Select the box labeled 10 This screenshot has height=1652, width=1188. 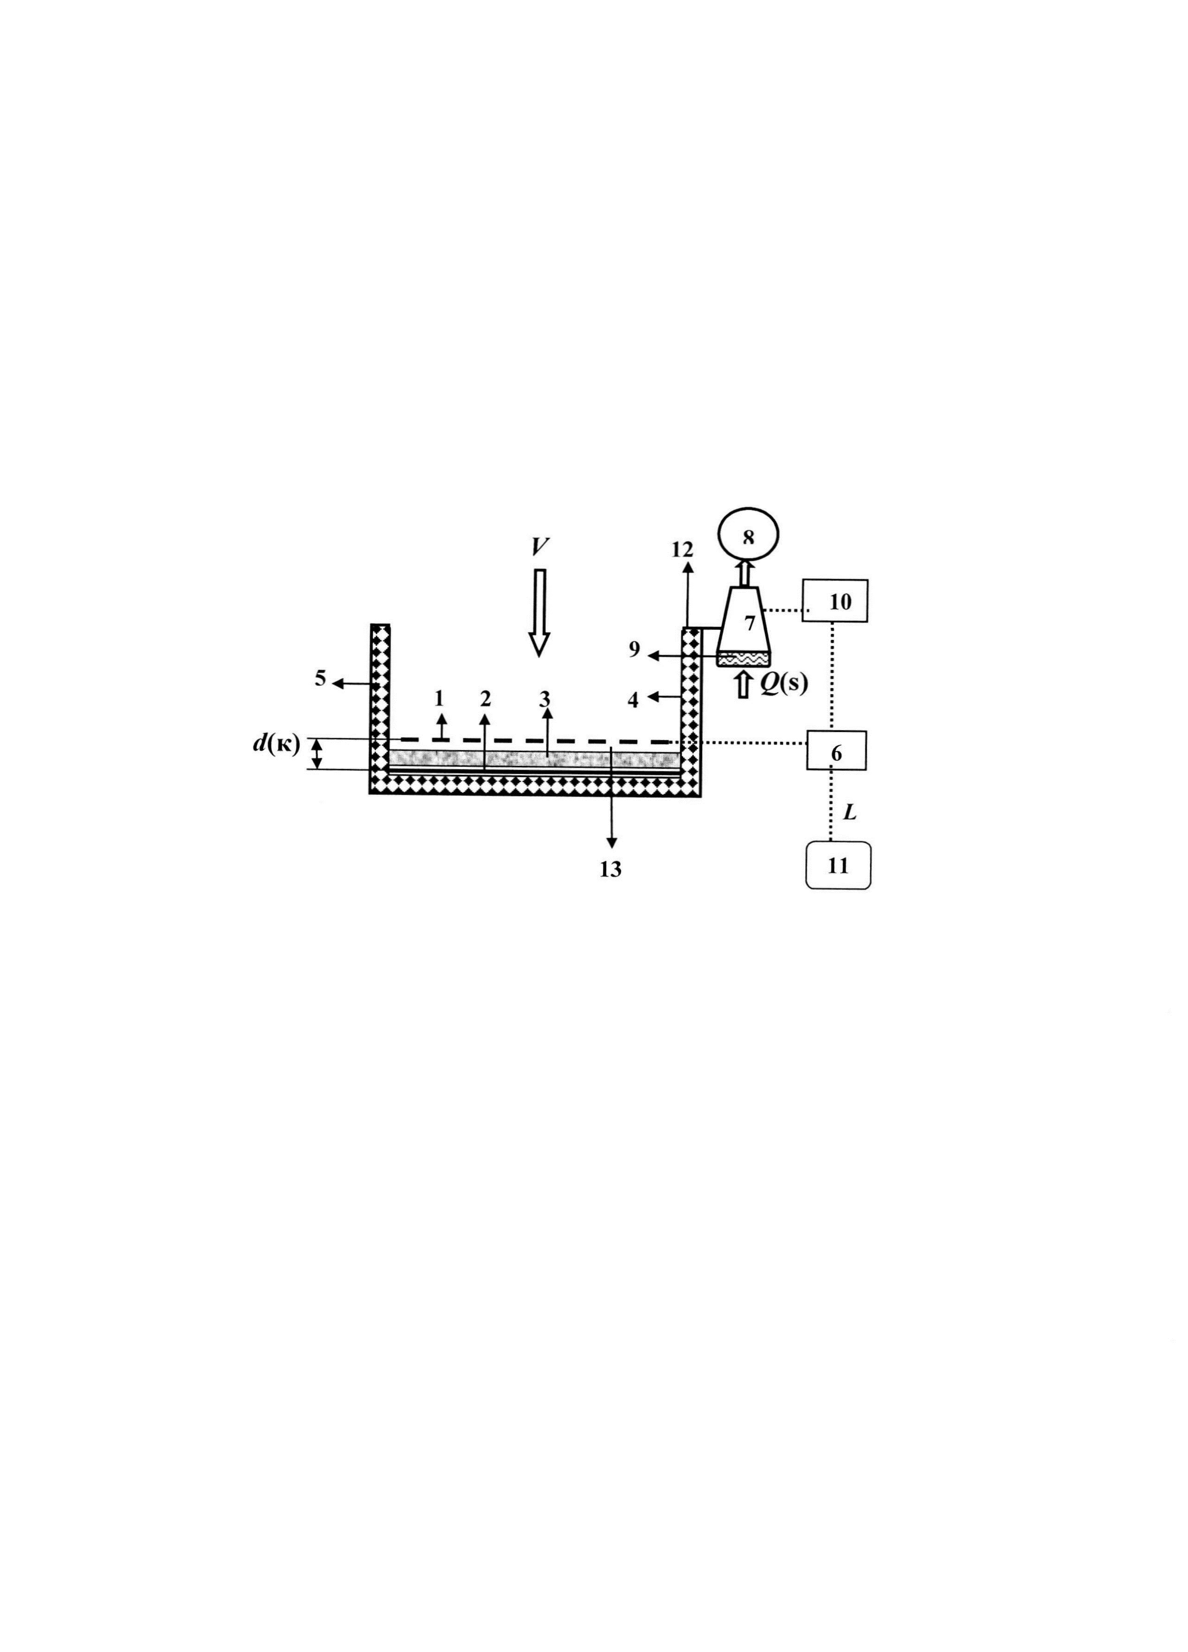point(835,600)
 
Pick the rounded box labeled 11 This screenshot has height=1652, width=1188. point(838,865)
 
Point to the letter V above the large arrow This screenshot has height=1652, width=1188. point(539,546)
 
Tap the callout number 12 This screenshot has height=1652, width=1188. point(682,549)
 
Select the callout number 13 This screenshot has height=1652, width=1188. point(610,868)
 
